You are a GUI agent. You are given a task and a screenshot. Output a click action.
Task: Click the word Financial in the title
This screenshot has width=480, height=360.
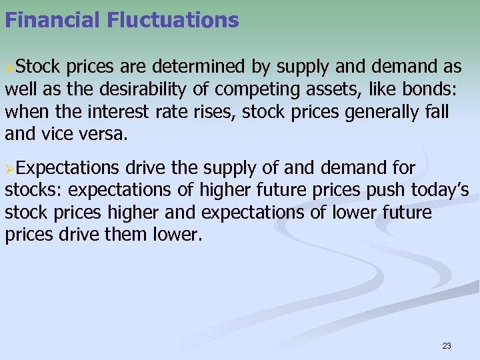[x=51, y=20]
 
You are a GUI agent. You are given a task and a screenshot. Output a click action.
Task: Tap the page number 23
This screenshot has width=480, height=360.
[x=447, y=345]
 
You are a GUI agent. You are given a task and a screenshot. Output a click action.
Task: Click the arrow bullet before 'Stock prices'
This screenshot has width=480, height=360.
[x=9, y=68]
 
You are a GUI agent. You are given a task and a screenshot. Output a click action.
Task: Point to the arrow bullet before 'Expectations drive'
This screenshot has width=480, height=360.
[x=9, y=169]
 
